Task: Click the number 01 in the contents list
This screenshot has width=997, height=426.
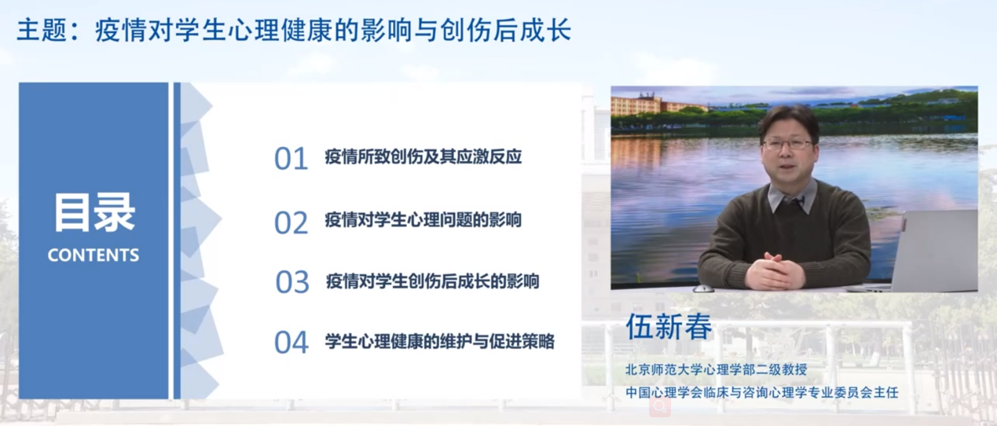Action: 291,159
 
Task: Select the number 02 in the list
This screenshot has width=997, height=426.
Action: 291,222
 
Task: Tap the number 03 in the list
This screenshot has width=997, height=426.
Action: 292,282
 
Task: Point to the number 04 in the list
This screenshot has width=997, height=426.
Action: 291,343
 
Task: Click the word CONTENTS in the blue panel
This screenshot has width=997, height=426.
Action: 93,255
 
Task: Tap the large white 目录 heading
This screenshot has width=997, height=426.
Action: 94,213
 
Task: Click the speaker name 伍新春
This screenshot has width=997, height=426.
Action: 669,326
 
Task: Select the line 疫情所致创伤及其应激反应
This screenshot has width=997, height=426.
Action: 423,156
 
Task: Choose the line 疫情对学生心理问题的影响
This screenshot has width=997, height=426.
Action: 423,220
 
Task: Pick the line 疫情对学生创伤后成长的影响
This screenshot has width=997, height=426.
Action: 433,281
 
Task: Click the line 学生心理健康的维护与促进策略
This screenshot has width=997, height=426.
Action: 440,342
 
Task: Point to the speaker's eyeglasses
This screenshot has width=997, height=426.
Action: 787,144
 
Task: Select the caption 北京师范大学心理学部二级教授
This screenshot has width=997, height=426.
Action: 717,369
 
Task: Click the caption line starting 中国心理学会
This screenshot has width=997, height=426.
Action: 762,393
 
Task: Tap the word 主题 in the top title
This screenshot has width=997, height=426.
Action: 42,31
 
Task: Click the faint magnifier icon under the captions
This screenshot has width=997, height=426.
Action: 660,406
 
